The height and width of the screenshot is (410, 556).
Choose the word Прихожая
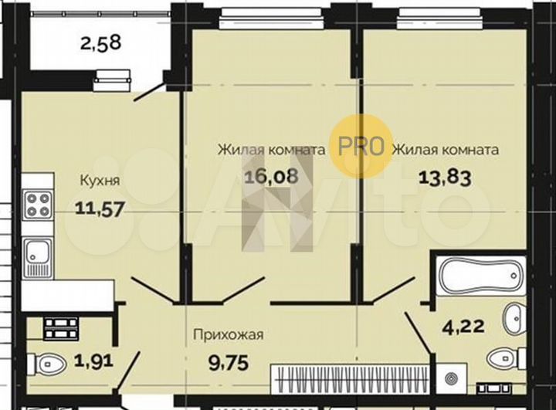pos(229,334)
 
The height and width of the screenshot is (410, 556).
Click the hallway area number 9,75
pos(229,361)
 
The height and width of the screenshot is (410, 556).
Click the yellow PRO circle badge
pos(359,146)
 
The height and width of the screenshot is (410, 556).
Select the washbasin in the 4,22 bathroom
pos(514,316)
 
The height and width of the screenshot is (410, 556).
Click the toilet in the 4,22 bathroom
pos(505,357)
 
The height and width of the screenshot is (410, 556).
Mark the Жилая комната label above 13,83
pos(445,149)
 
